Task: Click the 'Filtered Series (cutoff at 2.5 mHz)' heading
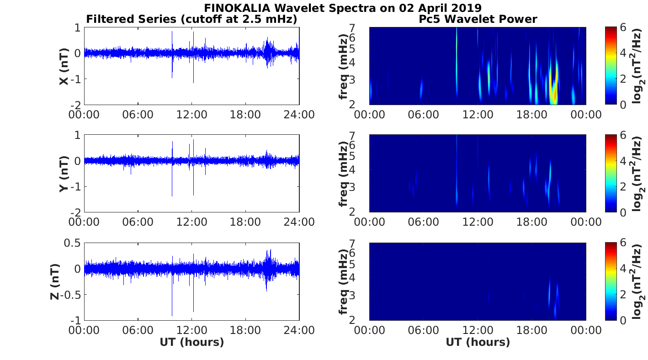tap(192, 19)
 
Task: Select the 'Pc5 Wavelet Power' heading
tap(478, 19)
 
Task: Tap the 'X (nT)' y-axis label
tap(64, 67)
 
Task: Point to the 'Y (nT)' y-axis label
tap(64, 174)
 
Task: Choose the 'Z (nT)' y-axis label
tap(54, 281)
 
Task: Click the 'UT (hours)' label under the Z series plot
tap(192, 342)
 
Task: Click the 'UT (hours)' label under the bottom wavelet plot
tap(478, 342)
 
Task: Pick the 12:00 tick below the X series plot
tap(192, 114)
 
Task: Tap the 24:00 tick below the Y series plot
tap(299, 222)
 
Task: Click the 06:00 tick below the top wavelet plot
tap(424, 114)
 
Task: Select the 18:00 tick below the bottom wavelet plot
tap(532, 330)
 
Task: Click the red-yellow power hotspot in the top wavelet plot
tap(554, 94)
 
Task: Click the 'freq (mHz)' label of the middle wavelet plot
tap(344, 174)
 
